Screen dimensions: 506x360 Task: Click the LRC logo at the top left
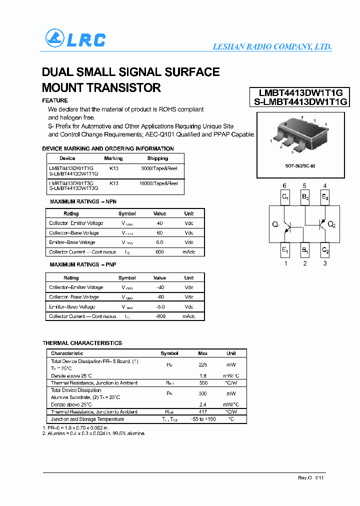[75, 39]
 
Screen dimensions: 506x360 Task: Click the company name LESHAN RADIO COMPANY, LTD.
[272, 46]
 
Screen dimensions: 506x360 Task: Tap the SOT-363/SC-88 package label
[299, 165]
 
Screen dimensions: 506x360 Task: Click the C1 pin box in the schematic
[284, 197]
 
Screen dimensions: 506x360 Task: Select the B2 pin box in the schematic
[305, 197]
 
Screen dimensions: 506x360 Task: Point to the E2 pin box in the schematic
[325, 197]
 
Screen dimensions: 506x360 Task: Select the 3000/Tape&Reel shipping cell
[159, 168]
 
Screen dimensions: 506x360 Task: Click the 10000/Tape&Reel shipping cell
[159, 183]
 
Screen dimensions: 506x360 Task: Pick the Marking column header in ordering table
[113, 158]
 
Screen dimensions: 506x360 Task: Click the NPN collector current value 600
[159, 252]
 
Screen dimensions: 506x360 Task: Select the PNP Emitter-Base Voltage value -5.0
[159, 306]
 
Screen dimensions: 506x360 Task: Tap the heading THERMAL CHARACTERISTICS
[82, 343]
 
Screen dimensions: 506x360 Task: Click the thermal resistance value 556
[203, 383]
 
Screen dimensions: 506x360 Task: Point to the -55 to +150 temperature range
[203, 419]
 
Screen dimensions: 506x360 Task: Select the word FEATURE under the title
[55, 100]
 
